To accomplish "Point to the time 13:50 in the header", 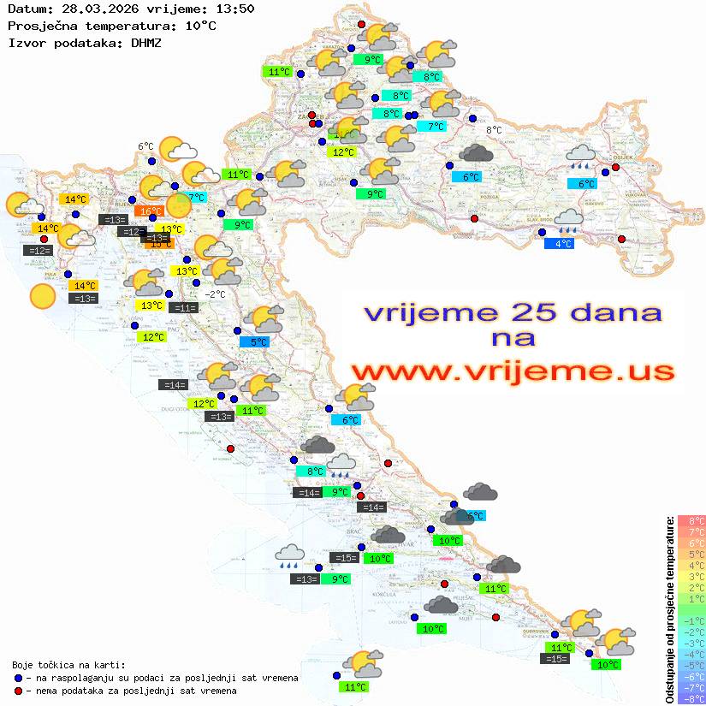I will pos(234,9).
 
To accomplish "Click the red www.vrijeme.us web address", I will pos(512,371).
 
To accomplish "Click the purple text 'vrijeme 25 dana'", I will pos(513,311).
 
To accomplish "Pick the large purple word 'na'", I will pos(512,338).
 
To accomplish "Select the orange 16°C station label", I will pos(151,211).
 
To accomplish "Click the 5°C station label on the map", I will pos(258,342).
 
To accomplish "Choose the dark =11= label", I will pos(183,308).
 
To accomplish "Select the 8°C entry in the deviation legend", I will pos(691,521).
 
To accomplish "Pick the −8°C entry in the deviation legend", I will pos(691,699).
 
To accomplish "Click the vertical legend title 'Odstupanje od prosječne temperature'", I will pos(669,609).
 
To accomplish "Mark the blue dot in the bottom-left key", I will pos(18,678).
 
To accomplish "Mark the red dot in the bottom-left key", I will pos(18,691).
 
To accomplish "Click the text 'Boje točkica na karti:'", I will pos(68,665).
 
